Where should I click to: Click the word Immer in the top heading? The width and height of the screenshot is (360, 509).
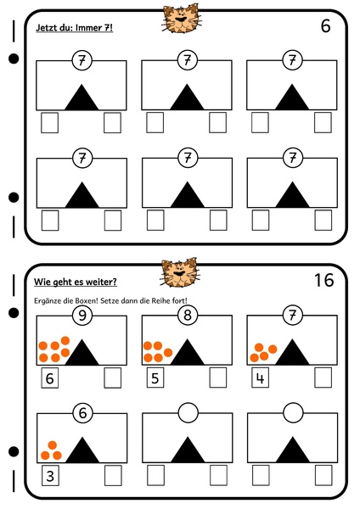pos(88,28)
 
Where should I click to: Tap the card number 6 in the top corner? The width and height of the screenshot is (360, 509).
pos(325,26)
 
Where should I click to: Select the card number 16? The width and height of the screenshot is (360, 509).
pos(324,280)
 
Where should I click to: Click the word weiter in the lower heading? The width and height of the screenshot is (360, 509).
pos(103,282)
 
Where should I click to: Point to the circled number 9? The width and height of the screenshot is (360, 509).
pos(82,316)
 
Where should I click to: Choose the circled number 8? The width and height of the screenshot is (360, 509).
pos(188,315)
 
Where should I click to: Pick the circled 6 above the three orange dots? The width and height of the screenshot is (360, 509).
pos(82,413)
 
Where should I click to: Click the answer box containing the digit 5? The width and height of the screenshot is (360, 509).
pos(155,378)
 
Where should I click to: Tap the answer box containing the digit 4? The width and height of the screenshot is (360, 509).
pos(261,378)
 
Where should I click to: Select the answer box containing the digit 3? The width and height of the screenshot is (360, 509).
pos(50,476)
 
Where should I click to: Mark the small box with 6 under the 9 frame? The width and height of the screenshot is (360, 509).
pos(50,378)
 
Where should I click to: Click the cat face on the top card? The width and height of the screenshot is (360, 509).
pos(181,19)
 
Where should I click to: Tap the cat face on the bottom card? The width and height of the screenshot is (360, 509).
pos(180,272)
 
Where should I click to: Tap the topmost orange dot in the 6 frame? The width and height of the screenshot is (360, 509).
pos(53,445)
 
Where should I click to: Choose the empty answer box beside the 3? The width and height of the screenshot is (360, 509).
pos(113,476)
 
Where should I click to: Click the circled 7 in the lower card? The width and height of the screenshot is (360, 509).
pos(293,315)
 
